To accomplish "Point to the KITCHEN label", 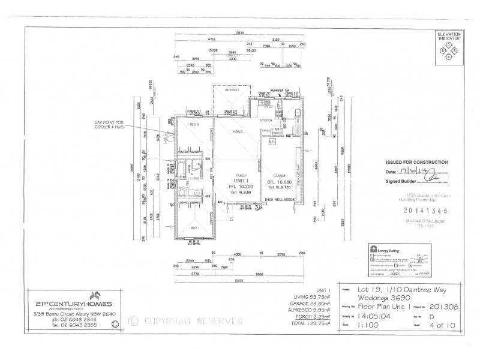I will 266,120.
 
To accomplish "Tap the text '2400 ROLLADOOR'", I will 278,199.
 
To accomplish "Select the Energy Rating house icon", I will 373,249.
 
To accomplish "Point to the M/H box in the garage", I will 271,141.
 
